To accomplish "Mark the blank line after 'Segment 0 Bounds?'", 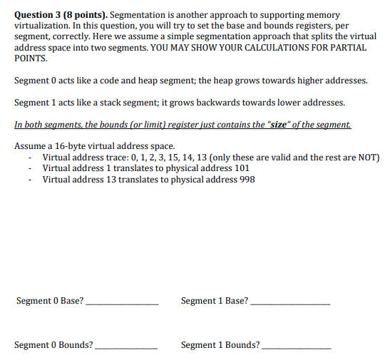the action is pyautogui.click(x=126, y=348).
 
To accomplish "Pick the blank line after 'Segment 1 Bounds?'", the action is pyautogui.click(x=297, y=348).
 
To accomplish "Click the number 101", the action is pyautogui.click(x=242, y=168).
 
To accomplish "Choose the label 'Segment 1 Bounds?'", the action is pyautogui.click(x=220, y=345).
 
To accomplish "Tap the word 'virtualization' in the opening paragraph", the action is pyautogui.click(x=42, y=25).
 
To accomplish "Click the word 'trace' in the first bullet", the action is pyautogui.click(x=108, y=157).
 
